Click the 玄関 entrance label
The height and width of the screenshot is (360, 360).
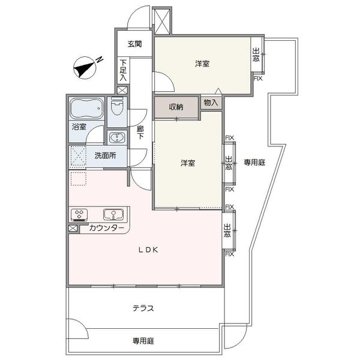(135, 44)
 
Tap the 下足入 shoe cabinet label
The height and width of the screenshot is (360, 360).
(123, 70)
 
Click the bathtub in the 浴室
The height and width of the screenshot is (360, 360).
(87, 108)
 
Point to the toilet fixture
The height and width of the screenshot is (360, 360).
(118, 106)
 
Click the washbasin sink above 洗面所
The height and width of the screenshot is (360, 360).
(117, 137)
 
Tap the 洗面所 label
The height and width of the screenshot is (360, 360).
(106, 155)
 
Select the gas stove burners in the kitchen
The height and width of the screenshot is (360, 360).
(79, 214)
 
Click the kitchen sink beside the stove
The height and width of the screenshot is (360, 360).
(113, 214)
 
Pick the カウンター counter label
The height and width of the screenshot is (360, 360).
(107, 228)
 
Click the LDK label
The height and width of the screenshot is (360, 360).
(148, 250)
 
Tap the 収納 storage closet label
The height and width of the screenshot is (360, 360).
(176, 107)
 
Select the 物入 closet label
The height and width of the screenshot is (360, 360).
(211, 103)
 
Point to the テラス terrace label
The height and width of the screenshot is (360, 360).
(143, 308)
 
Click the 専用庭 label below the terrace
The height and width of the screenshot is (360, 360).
(143, 341)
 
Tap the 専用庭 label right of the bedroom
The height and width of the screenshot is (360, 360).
(254, 163)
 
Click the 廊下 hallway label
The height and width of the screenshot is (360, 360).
(140, 133)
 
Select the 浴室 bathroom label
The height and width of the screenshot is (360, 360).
(79, 127)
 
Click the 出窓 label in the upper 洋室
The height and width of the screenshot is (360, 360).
(256, 55)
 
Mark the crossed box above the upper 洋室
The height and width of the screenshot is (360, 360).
(163, 21)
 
